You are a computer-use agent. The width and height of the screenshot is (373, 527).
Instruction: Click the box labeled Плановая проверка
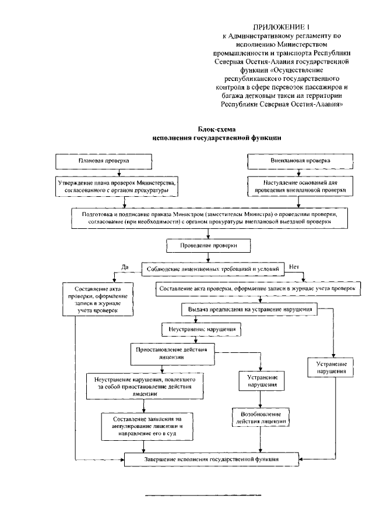(103, 160)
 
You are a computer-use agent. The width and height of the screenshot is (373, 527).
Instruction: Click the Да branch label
(124, 267)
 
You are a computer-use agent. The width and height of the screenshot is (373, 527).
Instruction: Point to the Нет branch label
(293, 267)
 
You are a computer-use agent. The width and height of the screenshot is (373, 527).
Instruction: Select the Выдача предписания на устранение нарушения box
(249, 310)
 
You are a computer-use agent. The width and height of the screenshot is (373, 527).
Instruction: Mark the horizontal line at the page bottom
(203, 495)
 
